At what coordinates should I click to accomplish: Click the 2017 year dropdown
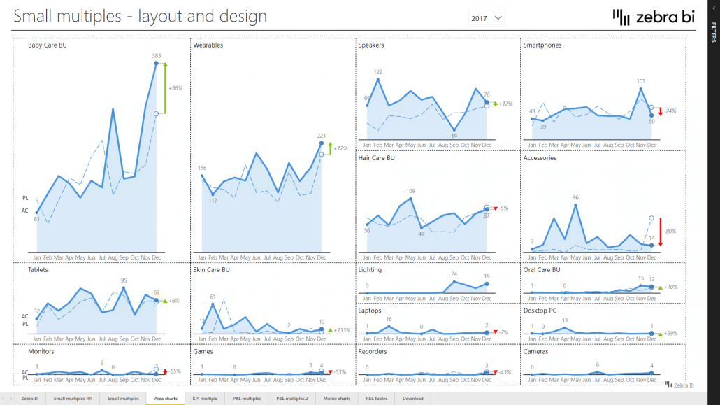[487, 17]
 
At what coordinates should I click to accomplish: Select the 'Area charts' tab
[165, 398]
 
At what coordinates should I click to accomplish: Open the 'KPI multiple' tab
[205, 398]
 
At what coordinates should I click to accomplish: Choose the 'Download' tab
[412, 398]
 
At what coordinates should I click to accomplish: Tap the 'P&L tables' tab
[376, 398]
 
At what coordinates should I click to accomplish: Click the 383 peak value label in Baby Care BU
[157, 55]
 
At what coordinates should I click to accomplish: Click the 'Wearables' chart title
[208, 45]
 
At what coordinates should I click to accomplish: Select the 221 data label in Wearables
[322, 136]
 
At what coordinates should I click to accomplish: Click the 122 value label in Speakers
[378, 72]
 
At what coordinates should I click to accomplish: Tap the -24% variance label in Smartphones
[670, 111]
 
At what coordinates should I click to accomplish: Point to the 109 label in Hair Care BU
[410, 191]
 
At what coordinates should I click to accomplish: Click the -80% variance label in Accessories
[670, 232]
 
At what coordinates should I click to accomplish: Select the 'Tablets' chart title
[38, 269]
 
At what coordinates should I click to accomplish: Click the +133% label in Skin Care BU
[342, 330]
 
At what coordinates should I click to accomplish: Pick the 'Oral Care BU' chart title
[541, 269]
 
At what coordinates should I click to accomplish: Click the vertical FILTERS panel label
[713, 31]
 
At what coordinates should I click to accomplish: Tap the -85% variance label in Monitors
[176, 371]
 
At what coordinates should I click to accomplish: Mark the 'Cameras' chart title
[535, 352]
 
